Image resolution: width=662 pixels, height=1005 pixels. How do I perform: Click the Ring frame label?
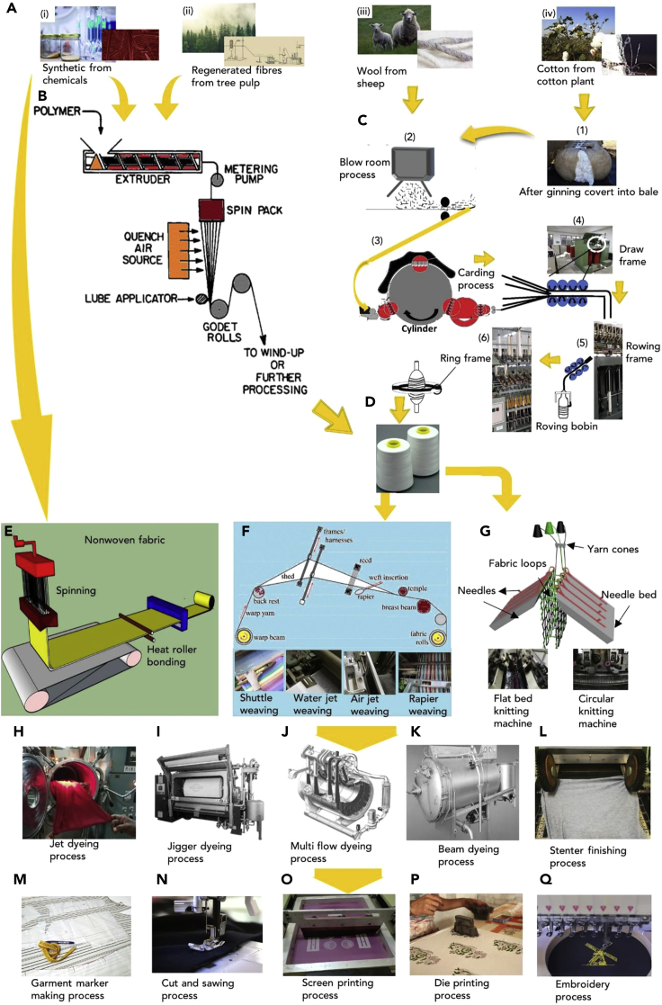(x=467, y=356)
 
